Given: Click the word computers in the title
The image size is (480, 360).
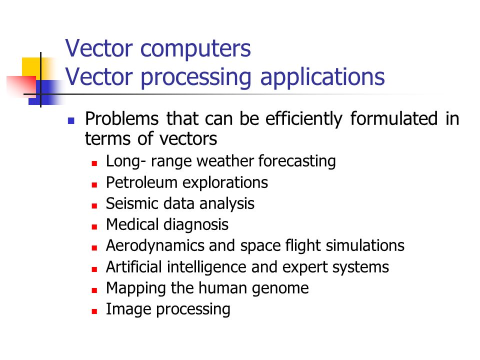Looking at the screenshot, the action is pyautogui.click(x=195, y=49).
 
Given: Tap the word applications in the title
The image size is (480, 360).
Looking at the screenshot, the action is pyautogui.click(x=322, y=77).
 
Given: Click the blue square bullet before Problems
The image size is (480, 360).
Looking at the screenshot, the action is pyautogui.click(x=71, y=120).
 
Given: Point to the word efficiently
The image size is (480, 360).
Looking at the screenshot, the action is pyautogui.click(x=303, y=119).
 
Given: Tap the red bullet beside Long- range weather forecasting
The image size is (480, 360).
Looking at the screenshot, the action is pyautogui.click(x=94, y=163).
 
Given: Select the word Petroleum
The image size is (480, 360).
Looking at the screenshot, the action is pyautogui.click(x=141, y=182).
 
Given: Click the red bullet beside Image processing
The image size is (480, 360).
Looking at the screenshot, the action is pyautogui.click(x=94, y=311).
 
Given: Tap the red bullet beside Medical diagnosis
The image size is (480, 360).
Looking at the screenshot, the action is pyautogui.click(x=94, y=227).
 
